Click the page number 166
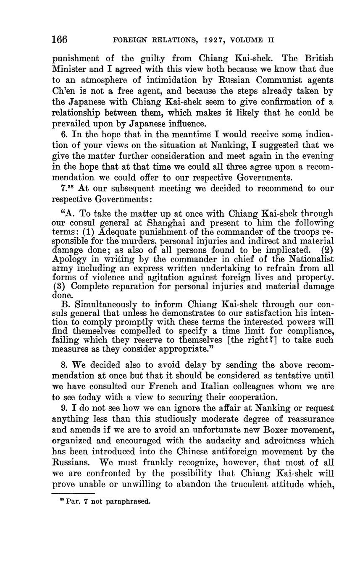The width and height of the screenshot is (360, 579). [x=60, y=40]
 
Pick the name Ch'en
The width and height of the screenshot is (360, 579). [x=62, y=91]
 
